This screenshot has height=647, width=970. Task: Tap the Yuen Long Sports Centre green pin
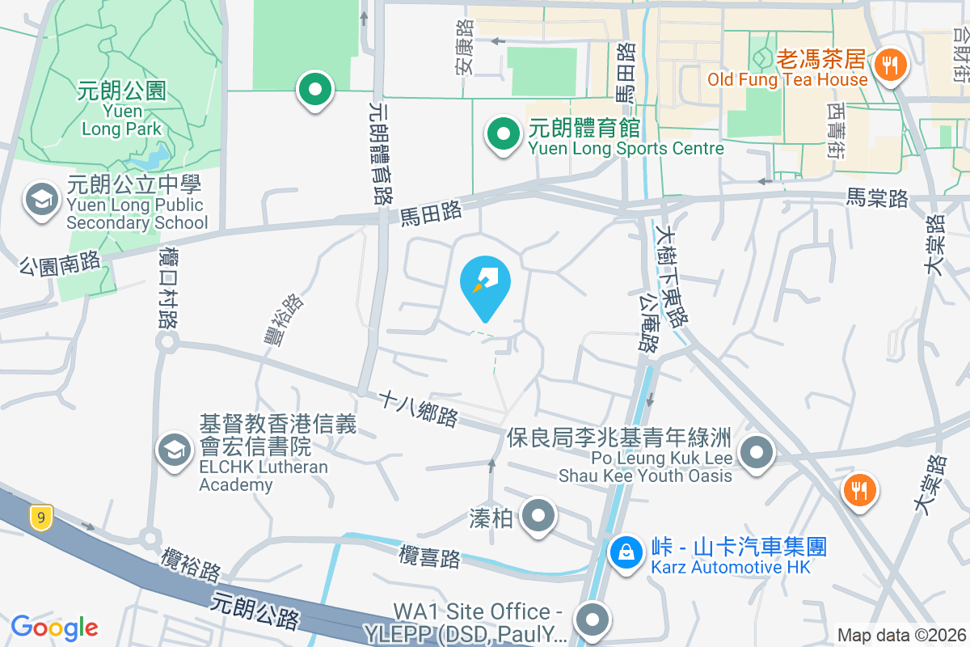click(x=503, y=134)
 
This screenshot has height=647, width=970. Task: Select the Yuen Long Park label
click(x=122, y=108)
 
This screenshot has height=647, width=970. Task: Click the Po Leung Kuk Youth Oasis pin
click(x=757, y=452)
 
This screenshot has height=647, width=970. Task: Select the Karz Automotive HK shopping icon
click(x=626, y=554)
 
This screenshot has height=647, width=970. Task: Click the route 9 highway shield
click(x=40, y=517)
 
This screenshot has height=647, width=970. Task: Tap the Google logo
click(x=54, y=627)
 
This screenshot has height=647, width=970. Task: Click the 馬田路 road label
click(x=432, y=213)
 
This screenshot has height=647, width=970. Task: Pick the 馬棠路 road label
click(x=877, y=197)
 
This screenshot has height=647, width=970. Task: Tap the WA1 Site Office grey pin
click(x=593, y=620)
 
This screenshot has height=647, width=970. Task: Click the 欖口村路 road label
click(x=168, y=287)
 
